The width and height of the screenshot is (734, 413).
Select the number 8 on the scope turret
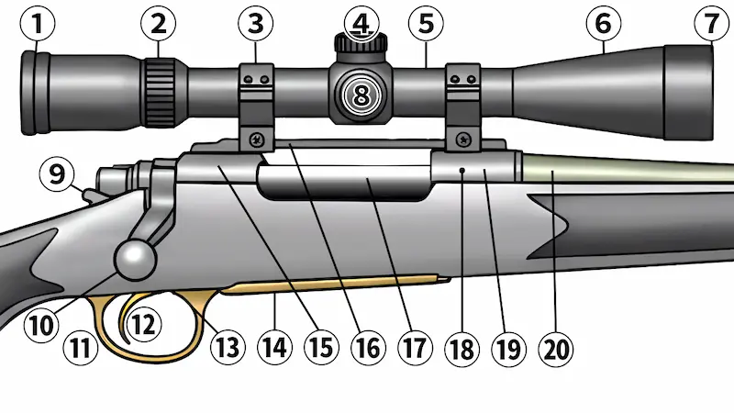click(361, 94)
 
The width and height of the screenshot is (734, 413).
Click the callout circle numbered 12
click(143, 322)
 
